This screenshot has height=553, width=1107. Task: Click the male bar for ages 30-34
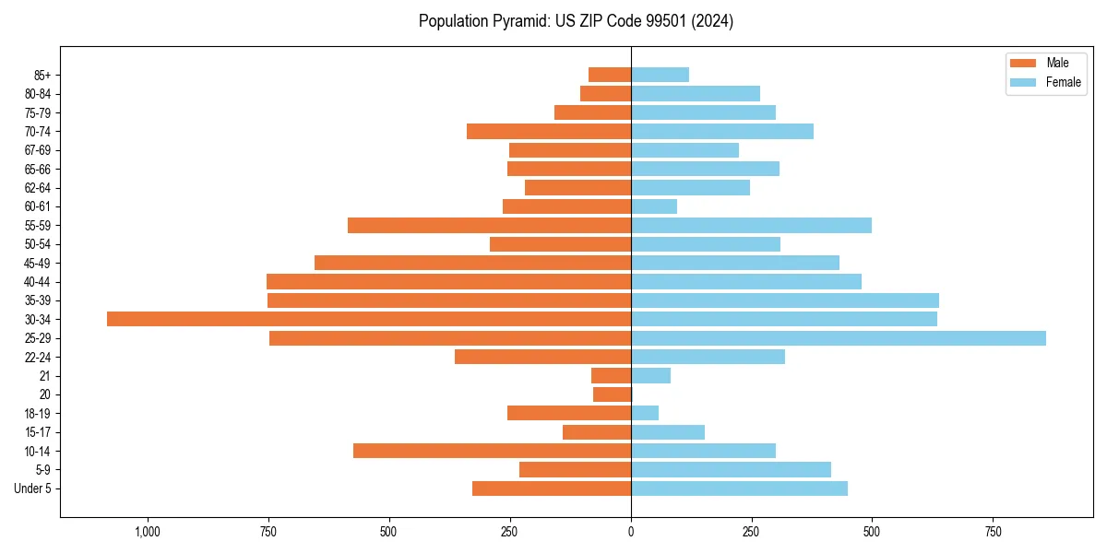pyautogui.click(x=369, y=319)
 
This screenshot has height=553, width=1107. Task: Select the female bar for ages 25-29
pyautogui.click(x=838, y=338)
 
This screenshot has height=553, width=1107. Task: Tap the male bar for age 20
pyautogui.click(x=612, y=394)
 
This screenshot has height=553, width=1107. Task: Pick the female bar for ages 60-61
pyautogui.click(x=654, y=206)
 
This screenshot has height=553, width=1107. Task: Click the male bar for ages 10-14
pyautogui.click(x=492, y=451)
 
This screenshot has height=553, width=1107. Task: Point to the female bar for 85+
pyautogui.click(x=660, y=75)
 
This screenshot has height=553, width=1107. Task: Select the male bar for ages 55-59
pyautogui.click(x=489, y=225)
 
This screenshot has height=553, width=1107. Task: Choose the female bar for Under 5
pyautogui.click(x=739, y=488)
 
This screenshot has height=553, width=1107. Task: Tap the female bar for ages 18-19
pyautogui.click(x=645, y=413)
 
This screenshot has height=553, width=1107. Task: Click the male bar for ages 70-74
pyautogui.click(x=549, y=131)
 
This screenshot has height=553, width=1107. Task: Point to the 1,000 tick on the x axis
pyautogui.click(x=148, y=532)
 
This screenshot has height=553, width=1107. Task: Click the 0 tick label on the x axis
pyautogui.click(x=631, y=532)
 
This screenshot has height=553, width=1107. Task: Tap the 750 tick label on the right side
pyautogui.click(x=993, y=532)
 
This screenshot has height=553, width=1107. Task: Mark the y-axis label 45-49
pyautogui.click(x=38, y=263)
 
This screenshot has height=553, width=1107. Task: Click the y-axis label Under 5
pyautogui.click(x=33, y=488)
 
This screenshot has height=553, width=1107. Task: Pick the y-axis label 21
pyautogui.click(x=44, y=376)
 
